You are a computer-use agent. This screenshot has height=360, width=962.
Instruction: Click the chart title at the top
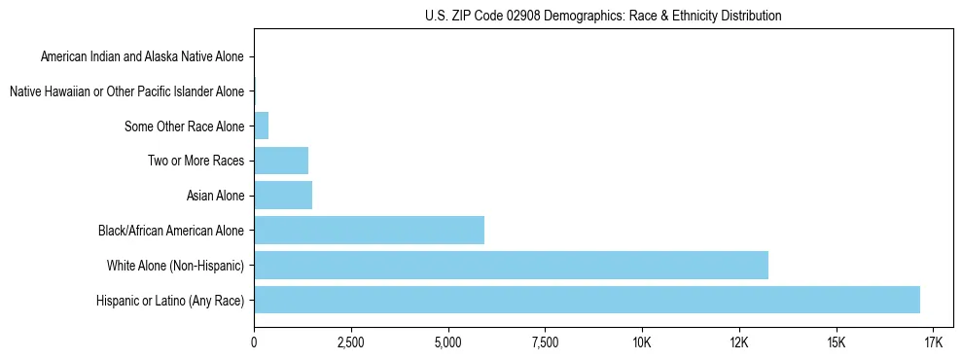coord(603,16)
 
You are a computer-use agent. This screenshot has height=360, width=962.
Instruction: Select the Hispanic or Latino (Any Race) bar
coord(587,300)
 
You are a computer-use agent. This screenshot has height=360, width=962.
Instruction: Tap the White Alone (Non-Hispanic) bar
coord(511,265)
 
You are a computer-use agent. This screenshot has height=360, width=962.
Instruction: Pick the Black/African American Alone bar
coord(369,231)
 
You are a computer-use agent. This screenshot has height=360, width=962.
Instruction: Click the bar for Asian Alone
coord(283,196)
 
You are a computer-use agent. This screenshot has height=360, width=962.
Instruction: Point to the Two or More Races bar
coord(281,161)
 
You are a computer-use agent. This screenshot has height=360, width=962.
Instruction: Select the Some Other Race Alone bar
coord(261,126)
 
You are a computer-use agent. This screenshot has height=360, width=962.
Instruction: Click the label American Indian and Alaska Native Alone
coord(142,56)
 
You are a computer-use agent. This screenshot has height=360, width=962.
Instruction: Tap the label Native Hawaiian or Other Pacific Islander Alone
coord(126,91)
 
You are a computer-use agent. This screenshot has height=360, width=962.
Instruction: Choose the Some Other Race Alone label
coord(184,126)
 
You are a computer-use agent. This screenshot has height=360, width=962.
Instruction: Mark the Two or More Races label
coord(196,161)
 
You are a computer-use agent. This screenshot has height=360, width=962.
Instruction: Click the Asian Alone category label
coord(215,196)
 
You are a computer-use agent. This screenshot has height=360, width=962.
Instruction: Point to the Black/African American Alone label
coord(171,231)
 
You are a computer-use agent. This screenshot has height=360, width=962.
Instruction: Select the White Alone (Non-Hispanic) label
coord(175,266)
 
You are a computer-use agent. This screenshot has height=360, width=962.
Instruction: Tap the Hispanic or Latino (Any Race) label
coord(170,301)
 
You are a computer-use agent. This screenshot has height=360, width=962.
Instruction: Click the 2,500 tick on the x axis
coord(350,343)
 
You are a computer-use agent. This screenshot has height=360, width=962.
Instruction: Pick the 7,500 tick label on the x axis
coord(545,343)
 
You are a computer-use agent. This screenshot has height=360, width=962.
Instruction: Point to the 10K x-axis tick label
coord(642,343)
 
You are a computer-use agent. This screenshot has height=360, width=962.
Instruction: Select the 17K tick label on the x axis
coord(933,343)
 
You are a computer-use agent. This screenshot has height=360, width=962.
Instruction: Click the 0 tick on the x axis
coord(254,343)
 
